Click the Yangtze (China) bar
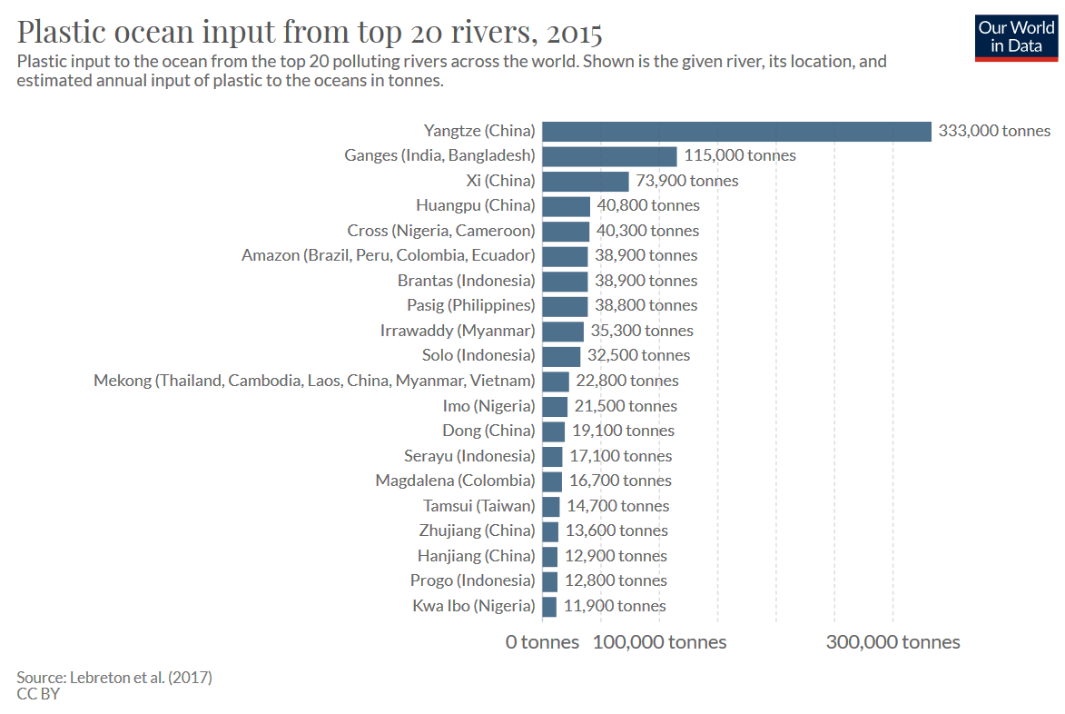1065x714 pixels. (x=736, y=131)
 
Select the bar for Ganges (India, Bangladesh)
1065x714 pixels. (x=609, y=155)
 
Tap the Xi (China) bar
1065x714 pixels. (x=586, y=181)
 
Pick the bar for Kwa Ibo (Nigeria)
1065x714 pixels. (x=549, y=606)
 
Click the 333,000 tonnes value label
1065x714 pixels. (x=994, y=131)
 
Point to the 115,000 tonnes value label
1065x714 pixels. (x=740, y=155)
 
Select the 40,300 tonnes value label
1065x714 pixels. (x=647, y=231)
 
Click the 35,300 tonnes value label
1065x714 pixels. (x=642, y=331)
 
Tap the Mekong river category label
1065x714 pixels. (x=314, y=381)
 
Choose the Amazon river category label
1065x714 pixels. (x=388, y=255)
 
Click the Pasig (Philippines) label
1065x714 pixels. (x=470, y=305)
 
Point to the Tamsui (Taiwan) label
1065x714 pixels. (x=478, y=506)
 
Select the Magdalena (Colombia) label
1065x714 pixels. (x=455, y=481)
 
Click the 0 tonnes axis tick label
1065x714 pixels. (x=542, y=642)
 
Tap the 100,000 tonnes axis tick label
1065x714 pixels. (x=659, y=642)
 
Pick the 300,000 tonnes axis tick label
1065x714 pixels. (x=892, y=642)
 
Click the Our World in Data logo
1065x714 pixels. (x=1016, y=37)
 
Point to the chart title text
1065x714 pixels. (x=310, y=33)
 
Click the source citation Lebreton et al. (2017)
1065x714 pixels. (x=114, y=677)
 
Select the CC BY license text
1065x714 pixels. (x=38, y=694)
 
